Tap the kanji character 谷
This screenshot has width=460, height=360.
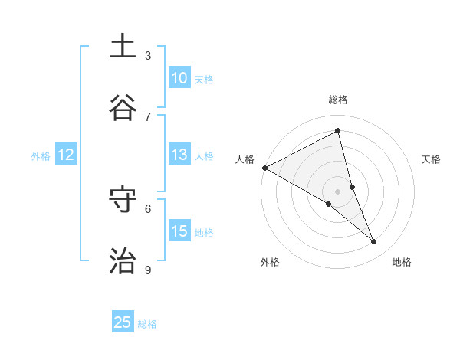[x=123, y=109]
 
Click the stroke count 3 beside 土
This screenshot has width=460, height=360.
[x=148, y=56]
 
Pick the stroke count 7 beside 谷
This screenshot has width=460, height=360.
[x=148, y=116]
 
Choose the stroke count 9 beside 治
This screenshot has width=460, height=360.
[x=148, y=270]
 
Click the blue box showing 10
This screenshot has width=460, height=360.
[x=179, y=78]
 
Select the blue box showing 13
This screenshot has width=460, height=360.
[x=179, y=155]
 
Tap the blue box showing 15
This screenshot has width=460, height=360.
[x=179, y=231]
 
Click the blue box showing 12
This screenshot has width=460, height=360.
[x=66, y=155]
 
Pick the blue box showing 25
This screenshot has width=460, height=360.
[x=123, y=322]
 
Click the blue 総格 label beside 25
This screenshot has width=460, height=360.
[x=147, y=324]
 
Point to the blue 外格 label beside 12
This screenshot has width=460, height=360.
[x=41, y=156]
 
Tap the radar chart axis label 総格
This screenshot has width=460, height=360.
[x=338, y=100]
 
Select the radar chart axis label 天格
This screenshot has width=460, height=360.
[x=431, y=159]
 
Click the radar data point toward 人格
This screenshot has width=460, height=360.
[x=264, y=168]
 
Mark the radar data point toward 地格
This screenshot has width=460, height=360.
[x=374, y=242]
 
